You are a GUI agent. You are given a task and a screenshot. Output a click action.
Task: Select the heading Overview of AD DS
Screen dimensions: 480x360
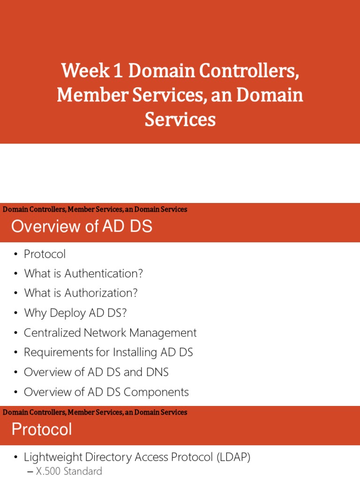tap(82, 226)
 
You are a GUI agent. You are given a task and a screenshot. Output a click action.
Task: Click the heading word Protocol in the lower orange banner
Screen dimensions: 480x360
tap(42, 429)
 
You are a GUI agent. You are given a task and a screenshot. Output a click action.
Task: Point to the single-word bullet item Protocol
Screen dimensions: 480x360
tap(45, 254)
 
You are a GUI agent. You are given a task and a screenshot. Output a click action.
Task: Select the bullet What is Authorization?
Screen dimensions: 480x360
tap(81, 293)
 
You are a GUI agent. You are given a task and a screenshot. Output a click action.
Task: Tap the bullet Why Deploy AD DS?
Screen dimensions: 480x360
tap(75, 313)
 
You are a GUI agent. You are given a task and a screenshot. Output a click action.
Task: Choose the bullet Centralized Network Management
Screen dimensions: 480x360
tap(110, 333)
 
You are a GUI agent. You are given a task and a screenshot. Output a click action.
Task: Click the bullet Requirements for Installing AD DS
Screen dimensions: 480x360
tap(108, 352)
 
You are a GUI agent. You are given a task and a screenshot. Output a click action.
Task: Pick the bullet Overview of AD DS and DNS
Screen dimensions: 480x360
tap(96, 372)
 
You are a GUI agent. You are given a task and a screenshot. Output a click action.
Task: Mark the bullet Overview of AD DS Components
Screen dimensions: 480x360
tap(106, 392)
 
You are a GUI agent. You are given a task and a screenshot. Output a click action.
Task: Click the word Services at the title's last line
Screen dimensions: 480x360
tap(180, 120)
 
